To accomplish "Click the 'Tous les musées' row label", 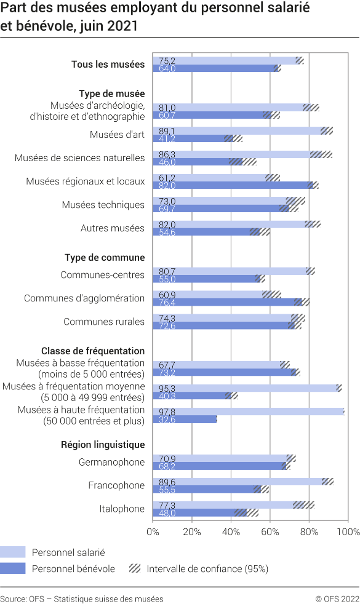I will [108, 65].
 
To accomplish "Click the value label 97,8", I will [167, 411].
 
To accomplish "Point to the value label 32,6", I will [167, 419].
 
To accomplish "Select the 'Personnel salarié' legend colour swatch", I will [13, 552].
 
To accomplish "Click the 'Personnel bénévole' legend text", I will [73, 569].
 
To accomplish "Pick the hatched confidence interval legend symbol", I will [134, 569].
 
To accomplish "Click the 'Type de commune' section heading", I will [105, 258].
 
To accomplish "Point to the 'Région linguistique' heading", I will [103, 444].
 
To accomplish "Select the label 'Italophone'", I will [122, 509].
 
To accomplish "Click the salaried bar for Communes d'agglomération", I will [209, 294].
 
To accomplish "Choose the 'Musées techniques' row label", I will [103, 205].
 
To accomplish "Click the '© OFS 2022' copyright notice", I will [337, 598].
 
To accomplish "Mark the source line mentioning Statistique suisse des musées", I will [82, 598].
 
